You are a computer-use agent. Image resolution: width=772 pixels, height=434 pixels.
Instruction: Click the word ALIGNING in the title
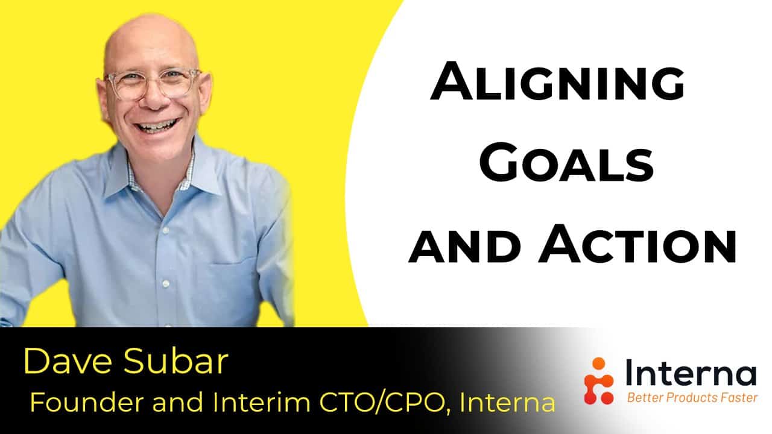(557, 81)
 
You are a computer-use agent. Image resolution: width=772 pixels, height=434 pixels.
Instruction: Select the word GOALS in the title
(566, 163)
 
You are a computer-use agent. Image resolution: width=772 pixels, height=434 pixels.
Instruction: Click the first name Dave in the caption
(68, 361)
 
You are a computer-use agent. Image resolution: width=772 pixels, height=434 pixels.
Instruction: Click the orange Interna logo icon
(599, 380)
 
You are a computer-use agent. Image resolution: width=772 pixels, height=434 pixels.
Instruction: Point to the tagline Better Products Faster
(692, 398)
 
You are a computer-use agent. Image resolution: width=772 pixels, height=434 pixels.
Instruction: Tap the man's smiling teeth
(157, 125)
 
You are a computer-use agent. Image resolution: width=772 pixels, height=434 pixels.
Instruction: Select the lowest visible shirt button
(166, 284)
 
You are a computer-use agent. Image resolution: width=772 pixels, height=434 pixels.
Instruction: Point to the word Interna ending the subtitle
(507, 402)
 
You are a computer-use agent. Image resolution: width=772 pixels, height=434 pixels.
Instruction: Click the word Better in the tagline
(645, 398)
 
